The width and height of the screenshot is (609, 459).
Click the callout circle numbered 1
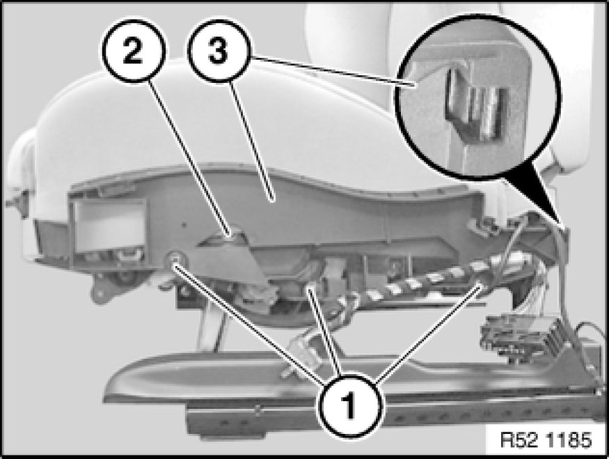click(x=351, y=405)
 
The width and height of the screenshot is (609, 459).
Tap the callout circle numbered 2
click(x=134, y=51)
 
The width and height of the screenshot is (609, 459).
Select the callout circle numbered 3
click(x=219, y=51)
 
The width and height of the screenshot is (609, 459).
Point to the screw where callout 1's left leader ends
click(x=174, y=258)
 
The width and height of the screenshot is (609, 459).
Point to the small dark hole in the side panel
click(x=185, y=225)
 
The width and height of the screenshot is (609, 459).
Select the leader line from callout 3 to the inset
click(x=332, y=70)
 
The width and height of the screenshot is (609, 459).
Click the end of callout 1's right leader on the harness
click(x=482, y=286)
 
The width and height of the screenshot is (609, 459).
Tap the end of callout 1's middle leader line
click(x=309, y=288)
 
